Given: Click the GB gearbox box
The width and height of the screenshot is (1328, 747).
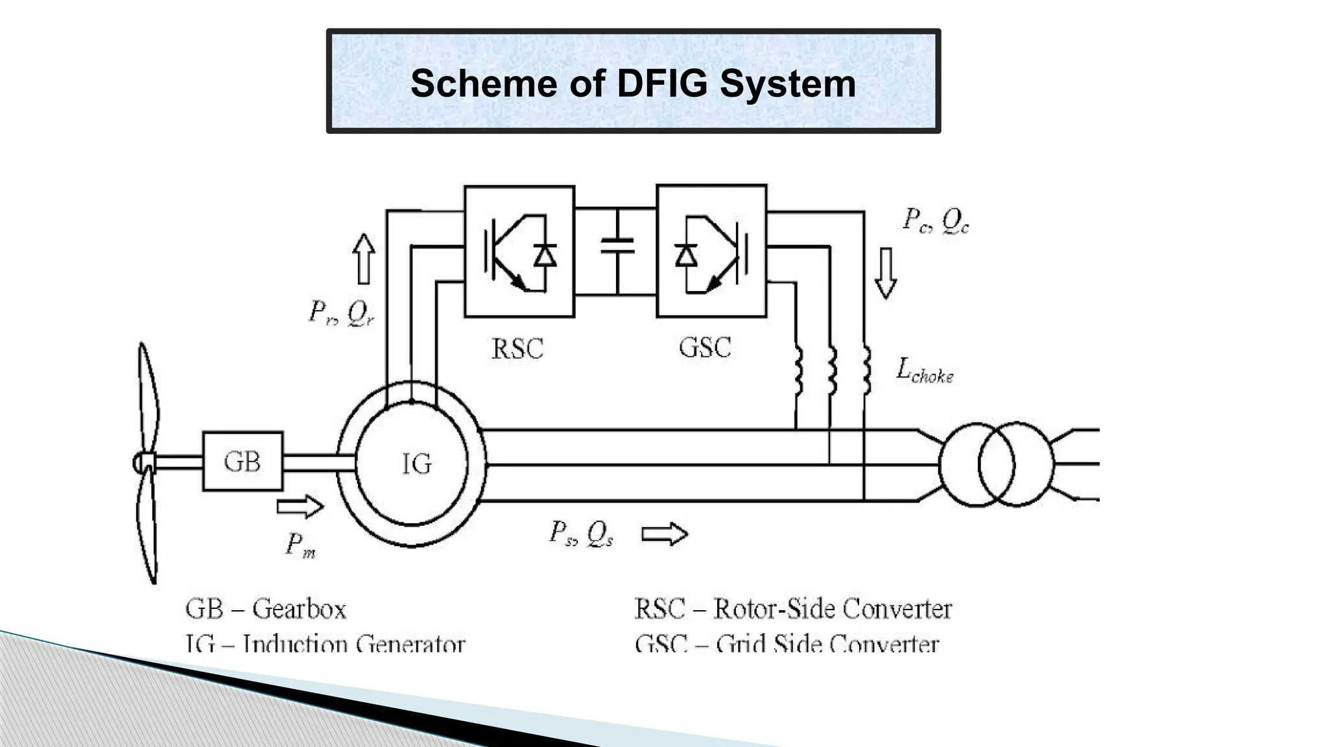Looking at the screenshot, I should (x=243, y=461).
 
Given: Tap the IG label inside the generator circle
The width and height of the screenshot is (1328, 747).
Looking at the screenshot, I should (x=416, y=464).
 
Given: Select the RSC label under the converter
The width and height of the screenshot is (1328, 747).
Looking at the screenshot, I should (x=517, y=349).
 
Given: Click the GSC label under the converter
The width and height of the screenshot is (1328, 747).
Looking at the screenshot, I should (x=705, y=348).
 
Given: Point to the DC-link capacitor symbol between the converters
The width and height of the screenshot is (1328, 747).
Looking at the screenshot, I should (x=617, y=246).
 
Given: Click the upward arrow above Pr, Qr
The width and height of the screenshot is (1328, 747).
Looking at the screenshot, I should (x=364, y=259).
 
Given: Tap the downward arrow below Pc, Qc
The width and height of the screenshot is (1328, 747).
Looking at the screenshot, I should (x=885, y=273).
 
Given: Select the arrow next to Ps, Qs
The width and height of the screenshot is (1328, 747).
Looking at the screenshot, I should (x=664, y=534).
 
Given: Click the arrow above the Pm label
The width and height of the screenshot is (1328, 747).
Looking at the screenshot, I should (x=300, y=506).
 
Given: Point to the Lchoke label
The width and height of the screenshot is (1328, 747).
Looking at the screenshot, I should (x=924, y=371).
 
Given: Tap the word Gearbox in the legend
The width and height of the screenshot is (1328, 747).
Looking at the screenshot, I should (x=299, y=609).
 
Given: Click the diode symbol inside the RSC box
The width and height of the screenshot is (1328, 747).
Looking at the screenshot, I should (x=545, y=256).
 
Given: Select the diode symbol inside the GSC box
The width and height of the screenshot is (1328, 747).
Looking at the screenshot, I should (x=685, y=256).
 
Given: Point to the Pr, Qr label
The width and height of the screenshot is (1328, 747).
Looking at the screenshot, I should (x=341, y=313).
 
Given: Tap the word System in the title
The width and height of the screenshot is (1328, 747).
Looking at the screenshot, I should (x=788, y=84).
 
